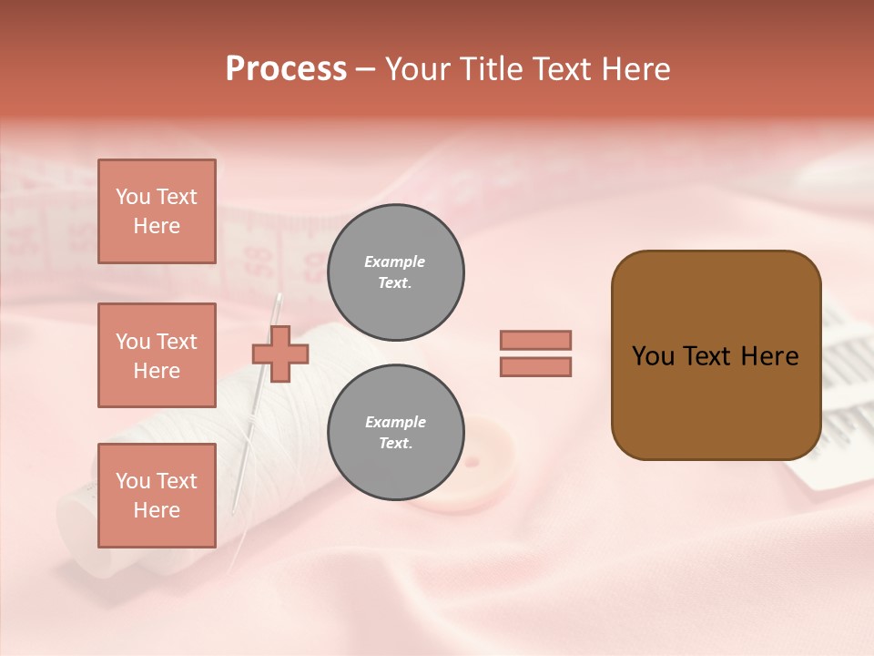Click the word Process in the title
(286, 69)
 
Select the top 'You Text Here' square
(157, 211)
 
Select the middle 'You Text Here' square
(157, 355)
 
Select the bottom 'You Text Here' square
(157, 496)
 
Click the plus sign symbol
(280, 354)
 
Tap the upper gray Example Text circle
(395, 272)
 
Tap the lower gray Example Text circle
(395, 433)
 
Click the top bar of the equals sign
(535, 340)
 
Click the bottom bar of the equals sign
(535, 366)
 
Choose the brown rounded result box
(716, 355)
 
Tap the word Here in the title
(635, 69)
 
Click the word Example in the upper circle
(395, 261)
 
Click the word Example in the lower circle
(395, 422)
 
